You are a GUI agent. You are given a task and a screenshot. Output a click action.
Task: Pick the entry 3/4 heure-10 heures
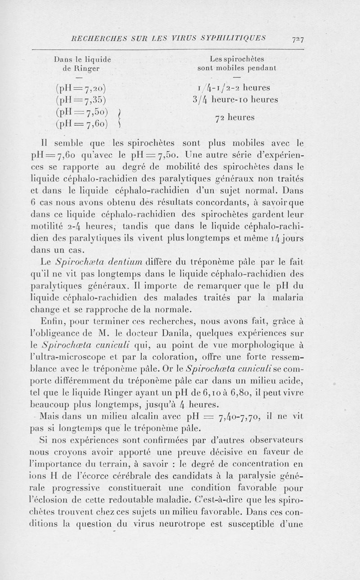click(x=235, y=99)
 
